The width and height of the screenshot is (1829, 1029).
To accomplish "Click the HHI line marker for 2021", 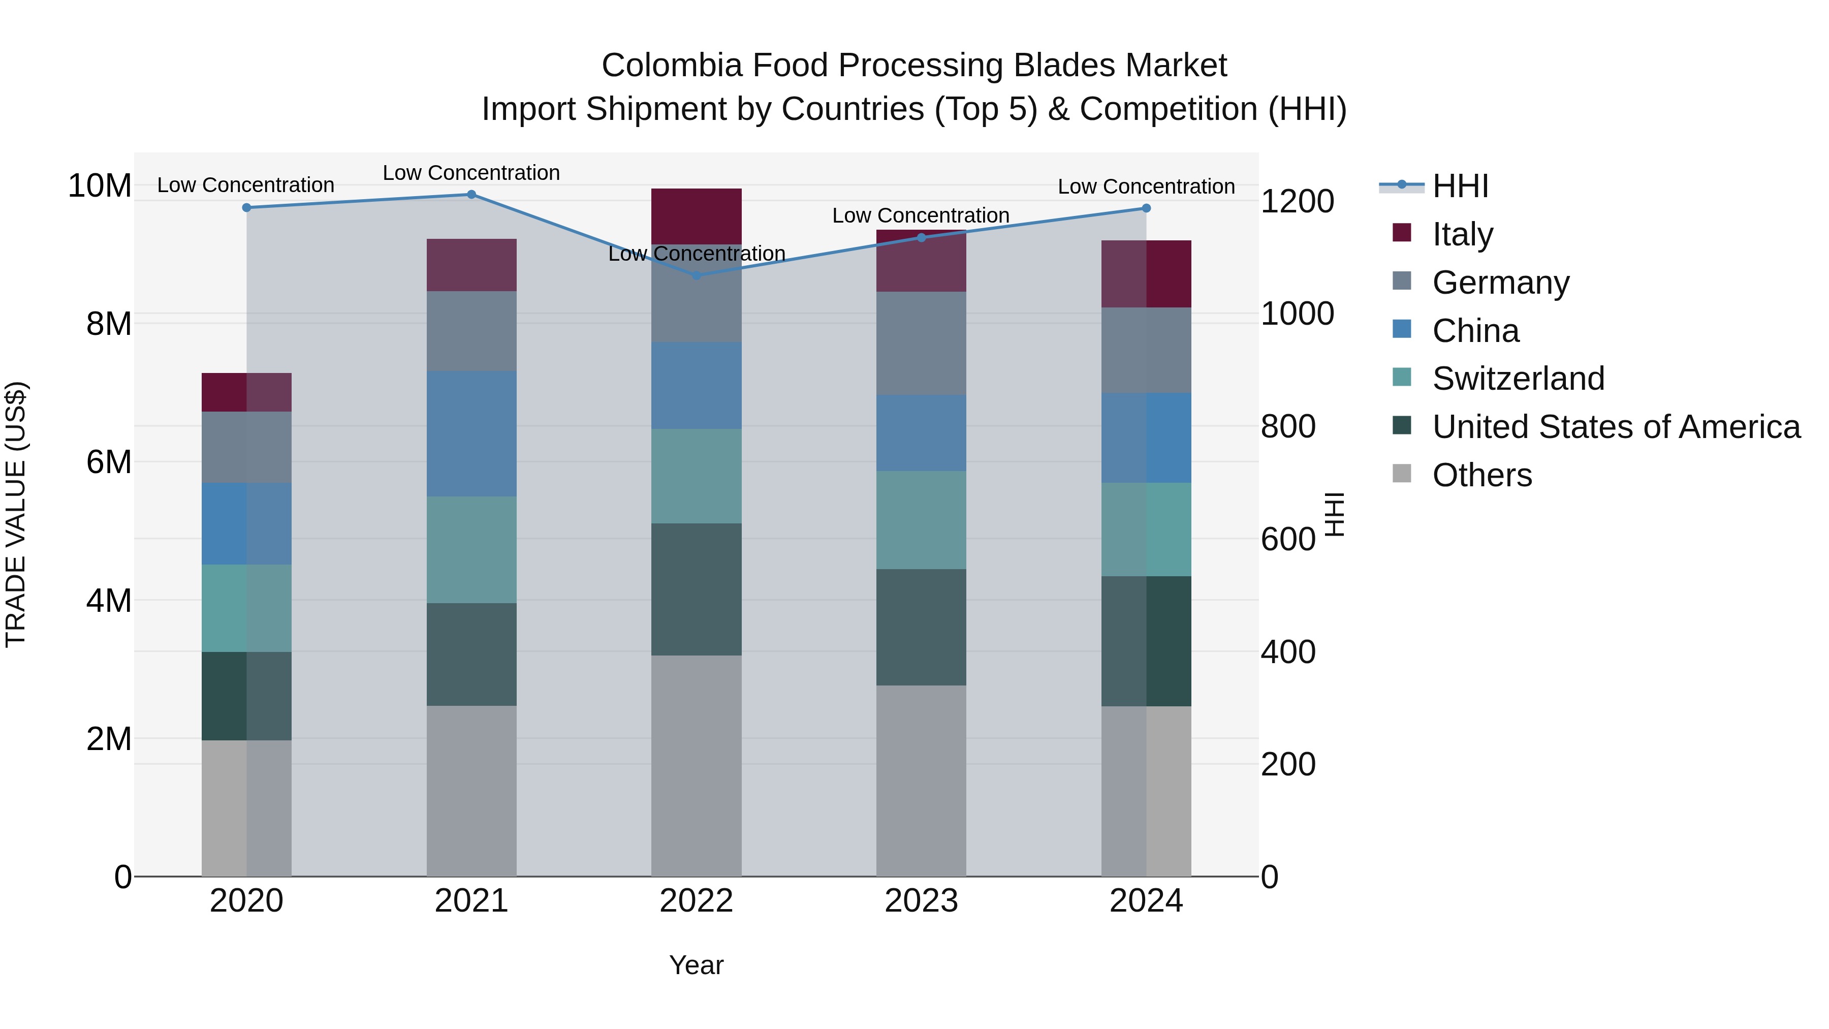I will (x=471, y=195).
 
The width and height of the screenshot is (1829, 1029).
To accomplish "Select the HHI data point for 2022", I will (x=696, y=275).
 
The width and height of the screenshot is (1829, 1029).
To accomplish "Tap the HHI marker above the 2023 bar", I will (x=922, y=238).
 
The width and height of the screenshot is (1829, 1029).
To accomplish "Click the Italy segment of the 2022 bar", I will (x=696, y=216).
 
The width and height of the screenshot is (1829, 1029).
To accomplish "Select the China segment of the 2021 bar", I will (x=471, y=433).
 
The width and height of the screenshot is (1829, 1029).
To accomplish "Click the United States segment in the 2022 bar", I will (x=696, y=589).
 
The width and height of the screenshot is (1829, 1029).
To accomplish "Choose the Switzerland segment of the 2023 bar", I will (x=921, y=520).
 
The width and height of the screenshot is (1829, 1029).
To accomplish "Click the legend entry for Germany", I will (x=1500, y=283).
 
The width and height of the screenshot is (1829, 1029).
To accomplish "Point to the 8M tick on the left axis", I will (x=109, y=324).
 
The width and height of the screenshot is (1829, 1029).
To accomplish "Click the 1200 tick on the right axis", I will (x=1297, y=202).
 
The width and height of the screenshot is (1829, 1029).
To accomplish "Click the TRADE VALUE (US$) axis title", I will (x=16, y=514).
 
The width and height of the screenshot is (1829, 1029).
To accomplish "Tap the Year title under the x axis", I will (x=696, y=965).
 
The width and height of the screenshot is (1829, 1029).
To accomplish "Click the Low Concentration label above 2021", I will (x=471, y=173).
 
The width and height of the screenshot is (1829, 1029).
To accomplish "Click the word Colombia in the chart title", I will (x=671, y=66).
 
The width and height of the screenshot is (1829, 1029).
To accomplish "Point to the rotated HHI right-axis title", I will (x=1335, y=514).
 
